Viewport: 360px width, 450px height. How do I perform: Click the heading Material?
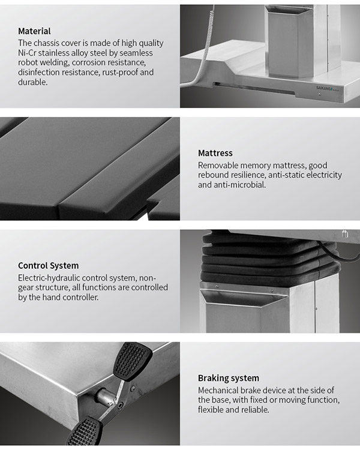point(34,31)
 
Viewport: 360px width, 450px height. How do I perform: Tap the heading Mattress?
point(215,153)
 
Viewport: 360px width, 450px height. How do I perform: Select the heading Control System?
point(48,265)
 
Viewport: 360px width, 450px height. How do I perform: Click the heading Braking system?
point(228,378)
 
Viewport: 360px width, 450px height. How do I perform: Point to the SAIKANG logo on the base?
point(328,88)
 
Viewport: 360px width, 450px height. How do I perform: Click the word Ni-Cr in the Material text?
point(27,53)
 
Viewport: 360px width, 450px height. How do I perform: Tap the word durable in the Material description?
point(32,82)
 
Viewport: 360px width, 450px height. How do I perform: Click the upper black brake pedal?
point(133,361)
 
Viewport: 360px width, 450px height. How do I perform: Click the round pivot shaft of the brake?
point(104,397)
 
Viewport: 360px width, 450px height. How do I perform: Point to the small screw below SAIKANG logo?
point(320,94)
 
